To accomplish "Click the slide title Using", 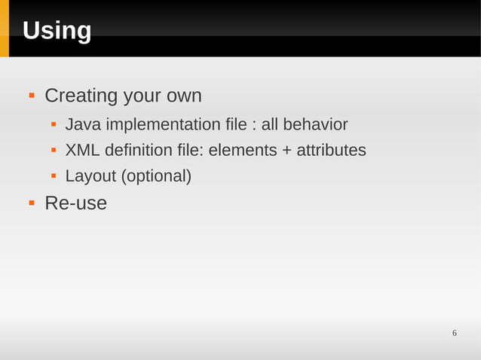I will (57, 31).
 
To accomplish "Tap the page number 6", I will (455, 334).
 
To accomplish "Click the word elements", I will (243, 151).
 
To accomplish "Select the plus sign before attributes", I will (286, 151).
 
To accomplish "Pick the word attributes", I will (331, 151).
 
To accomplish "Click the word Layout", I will (90, 177).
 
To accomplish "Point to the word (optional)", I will (157, 177).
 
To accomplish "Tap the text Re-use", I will (75, 203).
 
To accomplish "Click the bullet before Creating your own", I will (32, 96).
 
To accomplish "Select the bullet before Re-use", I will (32, 203).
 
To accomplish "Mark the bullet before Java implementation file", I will (54, 124).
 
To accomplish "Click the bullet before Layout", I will (54, 177).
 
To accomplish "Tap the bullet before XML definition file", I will (54, 151).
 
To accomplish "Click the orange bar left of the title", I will (4, 29).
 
